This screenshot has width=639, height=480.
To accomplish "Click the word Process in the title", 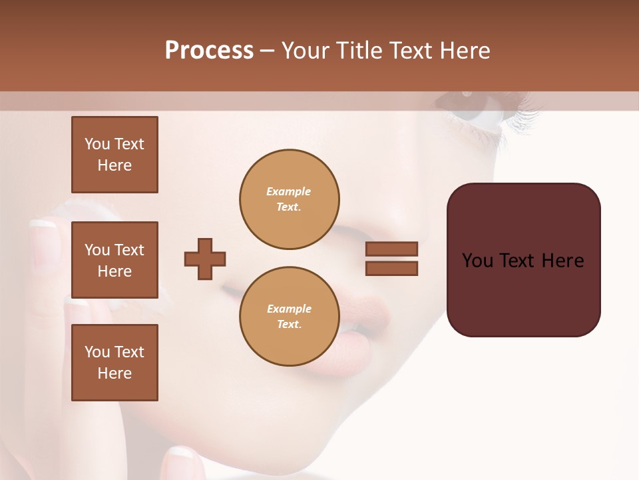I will [x=209, y=51].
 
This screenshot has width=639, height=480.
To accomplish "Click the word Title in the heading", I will [x=358, y=51].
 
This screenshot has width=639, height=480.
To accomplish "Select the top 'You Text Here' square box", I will [x=114, y=155].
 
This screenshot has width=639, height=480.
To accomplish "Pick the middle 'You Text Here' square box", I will [x=114, y=260].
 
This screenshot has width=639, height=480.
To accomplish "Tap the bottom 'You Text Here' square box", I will [x=114, y=363].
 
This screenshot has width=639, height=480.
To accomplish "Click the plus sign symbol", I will [x=205, y=259].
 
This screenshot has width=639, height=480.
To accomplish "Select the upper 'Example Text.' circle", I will [x=289, y=199].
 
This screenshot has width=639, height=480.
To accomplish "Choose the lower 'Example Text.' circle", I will [x=289, y=317].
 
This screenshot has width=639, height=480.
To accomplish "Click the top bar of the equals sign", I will [x=392, y=249].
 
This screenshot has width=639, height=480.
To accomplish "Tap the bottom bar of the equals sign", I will [x=392, y=268].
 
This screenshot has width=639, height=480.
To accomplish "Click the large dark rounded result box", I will [x=523, y=260].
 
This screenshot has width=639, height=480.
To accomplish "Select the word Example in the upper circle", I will [x=289, y=192].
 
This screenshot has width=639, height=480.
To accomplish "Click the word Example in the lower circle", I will [x=289, y=309].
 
